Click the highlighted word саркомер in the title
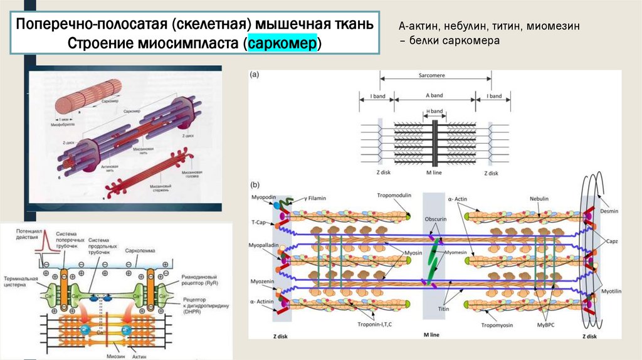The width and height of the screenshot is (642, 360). tap(283, 45)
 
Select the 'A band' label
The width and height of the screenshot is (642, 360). tap(434, 96)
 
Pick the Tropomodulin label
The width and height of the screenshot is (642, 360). tap(394, 195)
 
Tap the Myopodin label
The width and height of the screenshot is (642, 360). tap(263, 197)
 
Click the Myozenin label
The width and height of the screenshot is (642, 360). tap(263, 282)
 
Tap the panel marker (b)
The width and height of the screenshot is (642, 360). tap(255, 185)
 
